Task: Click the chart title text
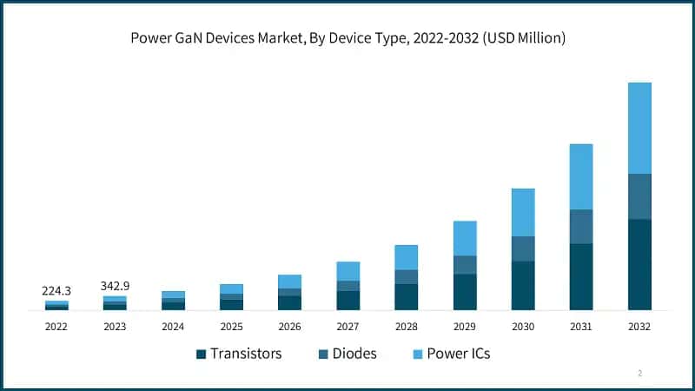point(347,37)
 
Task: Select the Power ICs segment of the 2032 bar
point(639,128)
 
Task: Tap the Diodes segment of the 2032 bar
point(639,196)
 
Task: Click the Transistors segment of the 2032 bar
point(639,264)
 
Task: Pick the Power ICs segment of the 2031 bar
point(581,176)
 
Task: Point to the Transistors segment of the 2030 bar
point(523,285)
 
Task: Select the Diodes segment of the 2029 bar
point(465,265)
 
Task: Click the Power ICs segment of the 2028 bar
point(407,257)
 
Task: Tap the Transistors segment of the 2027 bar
point(348,300)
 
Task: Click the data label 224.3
point(56,291)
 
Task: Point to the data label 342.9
point(115,286)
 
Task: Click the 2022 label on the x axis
point(56,327)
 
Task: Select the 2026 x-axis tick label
point(289,327)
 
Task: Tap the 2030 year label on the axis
point(523,327)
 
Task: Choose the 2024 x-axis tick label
point(173,327)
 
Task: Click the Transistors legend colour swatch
point(202,355)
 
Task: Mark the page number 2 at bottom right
point(639,373)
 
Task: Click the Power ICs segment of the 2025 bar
point(231,288)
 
